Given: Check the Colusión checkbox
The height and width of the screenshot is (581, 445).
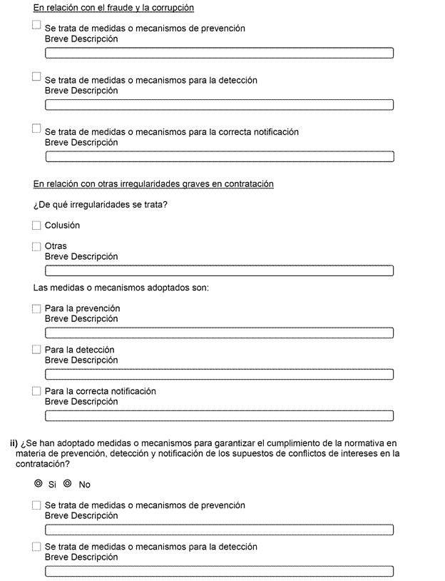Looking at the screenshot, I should (x=37, y=226).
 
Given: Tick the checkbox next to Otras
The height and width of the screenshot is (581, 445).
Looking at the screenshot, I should (x=37, y=246).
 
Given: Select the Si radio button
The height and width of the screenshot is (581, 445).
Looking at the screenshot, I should (x=39, y=484).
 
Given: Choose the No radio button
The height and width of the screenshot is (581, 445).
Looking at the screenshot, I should (x=68, y=484).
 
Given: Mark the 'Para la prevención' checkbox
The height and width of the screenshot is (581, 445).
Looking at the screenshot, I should (x=37, y=309).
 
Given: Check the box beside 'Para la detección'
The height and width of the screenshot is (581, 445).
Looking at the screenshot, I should (x=37, y=350).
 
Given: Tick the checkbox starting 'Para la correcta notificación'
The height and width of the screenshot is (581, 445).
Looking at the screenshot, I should (x=37, y=391).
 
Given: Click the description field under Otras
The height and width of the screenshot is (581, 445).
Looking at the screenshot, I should (x=220, y=271).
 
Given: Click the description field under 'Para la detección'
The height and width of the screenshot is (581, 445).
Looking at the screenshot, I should (x=220, y=374).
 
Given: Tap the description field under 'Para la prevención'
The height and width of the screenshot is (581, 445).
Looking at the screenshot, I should (x=220, y=333).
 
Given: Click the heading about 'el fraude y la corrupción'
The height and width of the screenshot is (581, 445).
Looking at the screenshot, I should (x=114, y=8).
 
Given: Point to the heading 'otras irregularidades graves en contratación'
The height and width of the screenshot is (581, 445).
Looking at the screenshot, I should (x=153, y=184).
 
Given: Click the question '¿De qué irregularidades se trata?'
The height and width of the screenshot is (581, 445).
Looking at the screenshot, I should (x=106, y=206).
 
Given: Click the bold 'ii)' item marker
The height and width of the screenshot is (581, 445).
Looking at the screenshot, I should (x=14, y=443).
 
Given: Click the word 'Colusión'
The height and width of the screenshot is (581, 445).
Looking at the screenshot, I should (x=62, y=226).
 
